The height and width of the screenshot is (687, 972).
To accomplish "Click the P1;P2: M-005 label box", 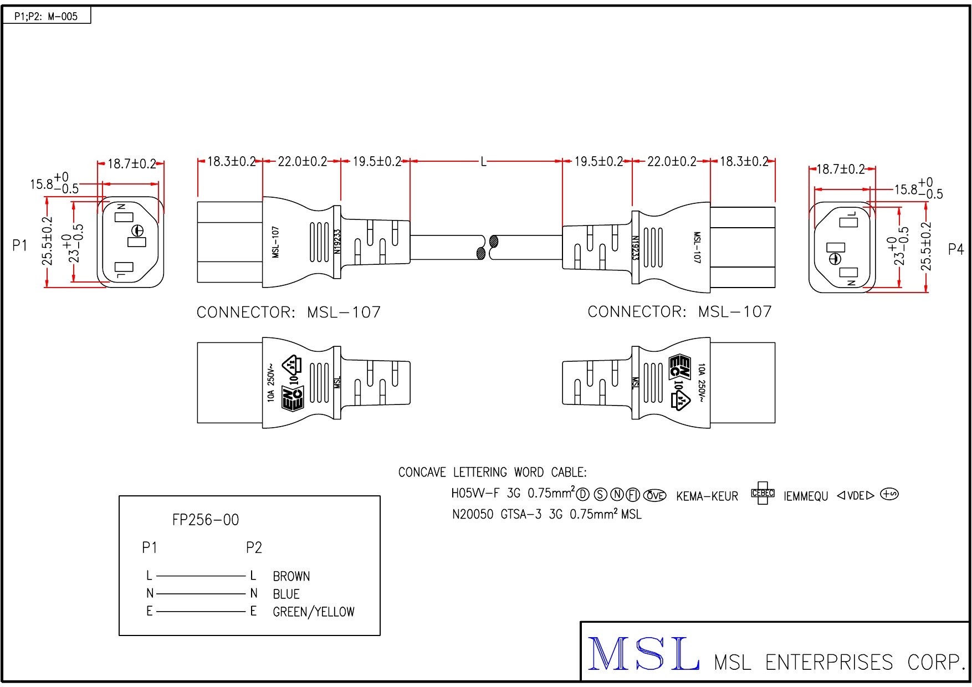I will (x=46, y=16).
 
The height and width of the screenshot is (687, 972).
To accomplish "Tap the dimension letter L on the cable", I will (x=483, y=162).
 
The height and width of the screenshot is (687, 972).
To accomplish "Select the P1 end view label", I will (x=19, y=245).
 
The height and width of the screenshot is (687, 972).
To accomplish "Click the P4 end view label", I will (x=956, y=249).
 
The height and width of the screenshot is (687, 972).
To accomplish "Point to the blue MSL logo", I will (x=643, y=654).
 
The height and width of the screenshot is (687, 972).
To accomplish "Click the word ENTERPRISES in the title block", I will (x=829, y=663).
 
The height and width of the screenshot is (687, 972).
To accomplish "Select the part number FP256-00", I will (x=206, y=520).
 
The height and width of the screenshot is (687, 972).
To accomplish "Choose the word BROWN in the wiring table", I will (x=291, y=576).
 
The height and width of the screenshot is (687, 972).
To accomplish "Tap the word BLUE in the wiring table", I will (x=286, y=594).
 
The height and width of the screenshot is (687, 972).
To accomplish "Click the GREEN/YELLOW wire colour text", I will (x=314, y=612).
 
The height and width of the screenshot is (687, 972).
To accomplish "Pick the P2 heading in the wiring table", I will (x=254, y=547).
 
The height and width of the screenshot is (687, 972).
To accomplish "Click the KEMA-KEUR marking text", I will (x=707, y=496).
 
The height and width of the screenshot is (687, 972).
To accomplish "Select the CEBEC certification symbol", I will (x=763, y=493).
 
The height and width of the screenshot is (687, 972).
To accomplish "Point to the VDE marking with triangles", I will (x=855, y=495).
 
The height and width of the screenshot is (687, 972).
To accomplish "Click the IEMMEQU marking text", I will (x=806, y=496).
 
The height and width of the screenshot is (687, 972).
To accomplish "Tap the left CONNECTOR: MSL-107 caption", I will (x=289, y=312).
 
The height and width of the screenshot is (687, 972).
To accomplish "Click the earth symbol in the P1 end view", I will (x=137, y=231).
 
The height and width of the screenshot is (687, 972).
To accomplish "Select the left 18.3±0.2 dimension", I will (x=231, y=162).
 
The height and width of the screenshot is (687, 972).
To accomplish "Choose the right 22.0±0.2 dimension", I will (x=672, y=162).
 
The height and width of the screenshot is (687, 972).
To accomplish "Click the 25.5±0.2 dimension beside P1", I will (x=48, y=240).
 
